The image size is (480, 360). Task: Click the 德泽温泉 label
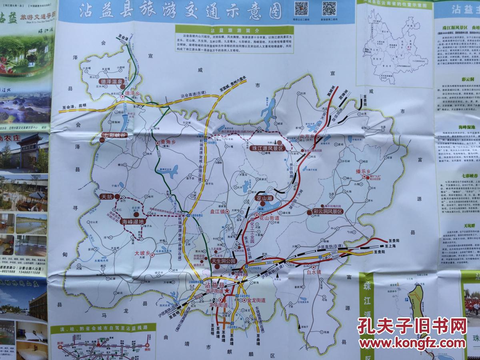[110, 82]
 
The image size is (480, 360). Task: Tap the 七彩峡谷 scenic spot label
[115, 135]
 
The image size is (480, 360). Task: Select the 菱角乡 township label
[165, 142]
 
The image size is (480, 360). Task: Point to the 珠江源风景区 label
[268, 148]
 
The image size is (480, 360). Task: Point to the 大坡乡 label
[142, 253]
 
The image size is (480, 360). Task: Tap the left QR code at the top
[301, 8]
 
